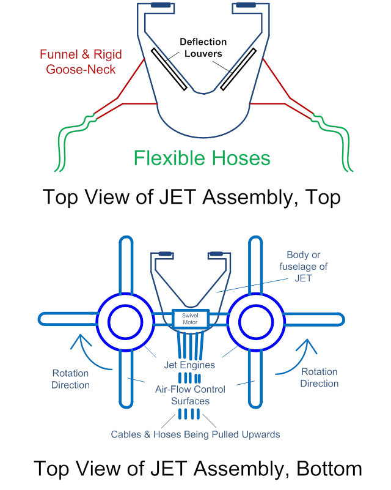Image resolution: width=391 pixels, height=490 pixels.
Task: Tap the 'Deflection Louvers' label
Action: [x=203, y=48]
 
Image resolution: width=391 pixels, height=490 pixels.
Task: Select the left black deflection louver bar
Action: [x=169, y=69]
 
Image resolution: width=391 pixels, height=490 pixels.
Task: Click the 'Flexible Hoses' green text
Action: [x=202, y=158]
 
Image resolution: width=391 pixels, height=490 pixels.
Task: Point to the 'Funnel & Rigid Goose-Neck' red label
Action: [x=76, y=61]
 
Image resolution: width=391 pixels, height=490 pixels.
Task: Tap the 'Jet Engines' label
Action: [x=189, y=365]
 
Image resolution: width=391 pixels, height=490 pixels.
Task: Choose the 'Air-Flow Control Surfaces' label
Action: [x=190, y=395]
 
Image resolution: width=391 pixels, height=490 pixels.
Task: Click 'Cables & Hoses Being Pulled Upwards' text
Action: [x=195, y=434]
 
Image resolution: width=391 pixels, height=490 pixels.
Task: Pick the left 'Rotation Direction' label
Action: [x=70, y=379]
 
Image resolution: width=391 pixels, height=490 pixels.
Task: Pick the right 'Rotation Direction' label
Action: [x=319, y=377]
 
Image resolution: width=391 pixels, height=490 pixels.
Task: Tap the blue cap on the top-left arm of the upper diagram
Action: [x=160, y=6]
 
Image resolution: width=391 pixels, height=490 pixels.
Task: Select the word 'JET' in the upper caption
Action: [x=182, y=197]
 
